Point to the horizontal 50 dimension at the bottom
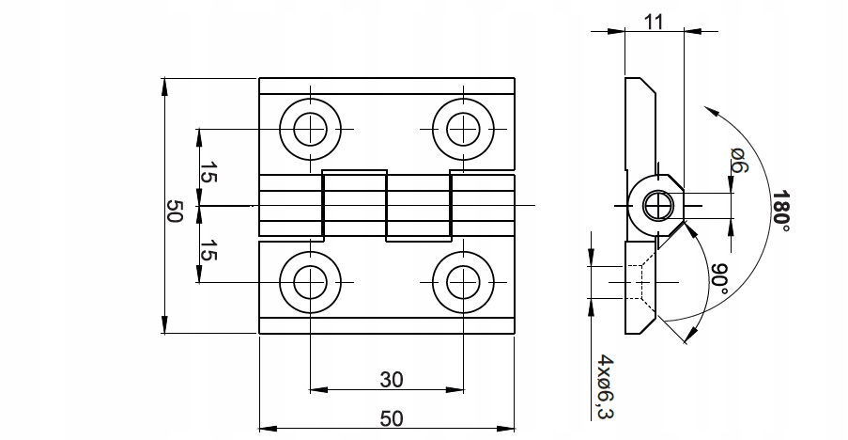point(391,418)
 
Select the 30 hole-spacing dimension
point(391,380)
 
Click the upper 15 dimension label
point(208,173)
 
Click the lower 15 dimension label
point(208,250)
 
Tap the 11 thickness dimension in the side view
point(654,22)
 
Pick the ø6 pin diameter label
point(739,160)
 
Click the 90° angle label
point(719,278)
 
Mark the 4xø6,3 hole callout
point(606,387)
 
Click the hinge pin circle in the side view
point(659,206)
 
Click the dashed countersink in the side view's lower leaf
point(640,282)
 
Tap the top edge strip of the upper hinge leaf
point(387,86)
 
